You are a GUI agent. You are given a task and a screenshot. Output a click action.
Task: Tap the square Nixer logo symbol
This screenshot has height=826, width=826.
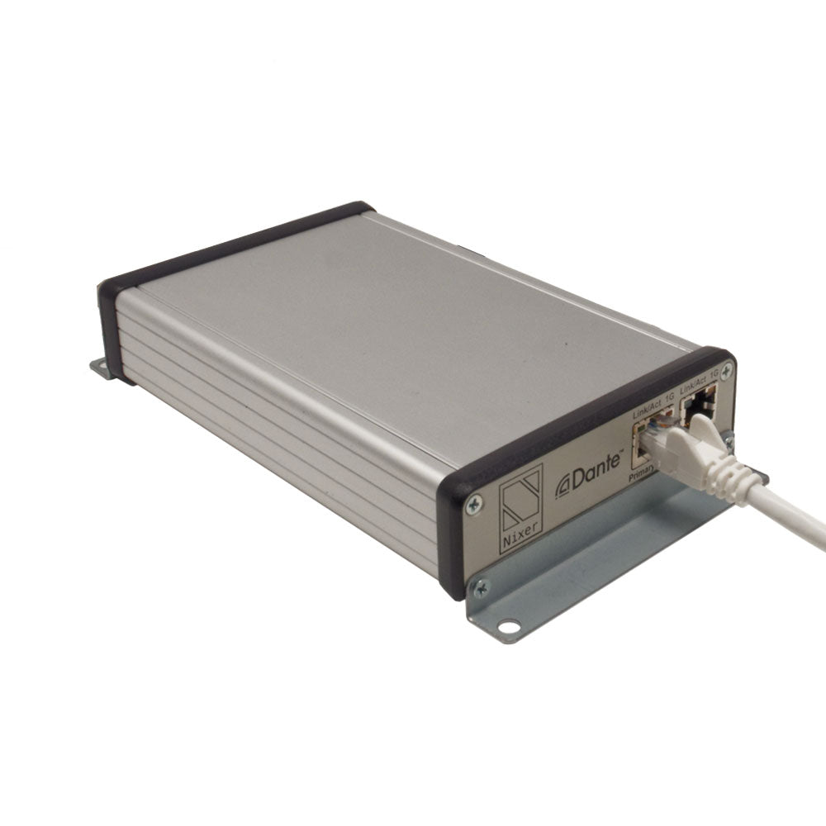[x=520, y=500]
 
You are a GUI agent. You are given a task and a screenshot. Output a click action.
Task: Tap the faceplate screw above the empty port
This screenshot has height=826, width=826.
[x=724, y=372]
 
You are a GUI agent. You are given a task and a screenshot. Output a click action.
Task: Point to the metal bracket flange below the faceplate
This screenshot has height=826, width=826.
[x=595, y=570]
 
